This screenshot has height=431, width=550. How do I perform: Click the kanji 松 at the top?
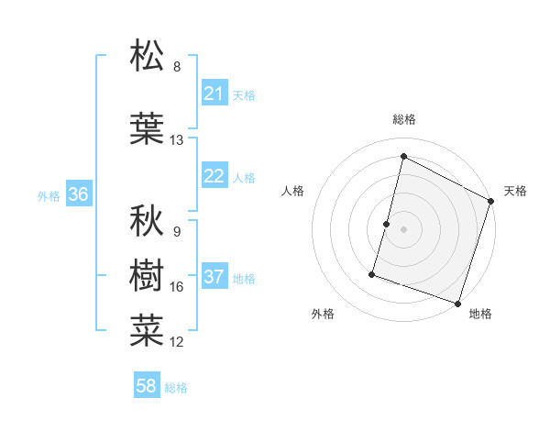(x=147, y=57)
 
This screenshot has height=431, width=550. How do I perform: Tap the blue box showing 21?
(x=214, y=94)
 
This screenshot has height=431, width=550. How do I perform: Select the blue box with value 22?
(x=214, y=176)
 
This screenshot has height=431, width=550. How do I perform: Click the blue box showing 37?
(x=214, y=277)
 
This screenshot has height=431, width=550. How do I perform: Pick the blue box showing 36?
(x=78, y=194)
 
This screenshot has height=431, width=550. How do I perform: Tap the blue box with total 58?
(x=147, y=386)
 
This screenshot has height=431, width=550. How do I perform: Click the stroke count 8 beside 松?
(x=177, y=67)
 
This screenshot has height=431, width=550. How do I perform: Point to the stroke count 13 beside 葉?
(x=177, y=140)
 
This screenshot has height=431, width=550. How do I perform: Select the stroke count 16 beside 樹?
(x=177, y=287)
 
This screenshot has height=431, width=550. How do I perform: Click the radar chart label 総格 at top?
(x=403, y=119)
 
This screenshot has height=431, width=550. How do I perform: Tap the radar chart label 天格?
(x=515, y=191)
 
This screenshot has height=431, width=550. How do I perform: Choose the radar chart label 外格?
(x=323, y=314)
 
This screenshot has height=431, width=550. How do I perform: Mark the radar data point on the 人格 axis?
(x=387, y=224)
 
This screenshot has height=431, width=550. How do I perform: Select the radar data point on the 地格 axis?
(x=457, y=303)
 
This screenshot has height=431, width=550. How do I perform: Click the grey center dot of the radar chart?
(x=403, y=229)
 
